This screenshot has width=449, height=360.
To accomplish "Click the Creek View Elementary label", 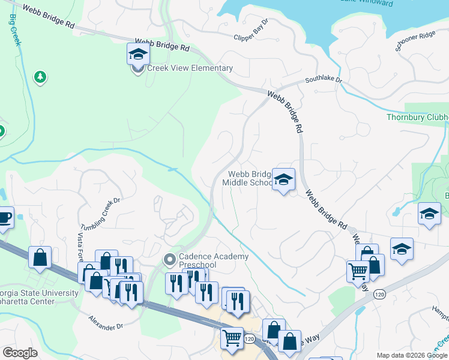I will pos(190,68).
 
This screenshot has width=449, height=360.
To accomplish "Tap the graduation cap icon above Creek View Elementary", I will pos(138,55).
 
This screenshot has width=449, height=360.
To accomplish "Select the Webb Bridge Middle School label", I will pos(248,178).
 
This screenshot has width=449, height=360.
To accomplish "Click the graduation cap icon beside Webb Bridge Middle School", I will pos(283,179).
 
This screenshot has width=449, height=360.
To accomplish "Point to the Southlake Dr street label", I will pos(322,79).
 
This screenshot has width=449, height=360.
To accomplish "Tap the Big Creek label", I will pos(15,33).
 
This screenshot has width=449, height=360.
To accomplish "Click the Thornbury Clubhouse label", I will pos(417,117).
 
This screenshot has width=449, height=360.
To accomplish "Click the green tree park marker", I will pos(40,77).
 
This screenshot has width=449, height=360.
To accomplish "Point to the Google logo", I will pos(20,353).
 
